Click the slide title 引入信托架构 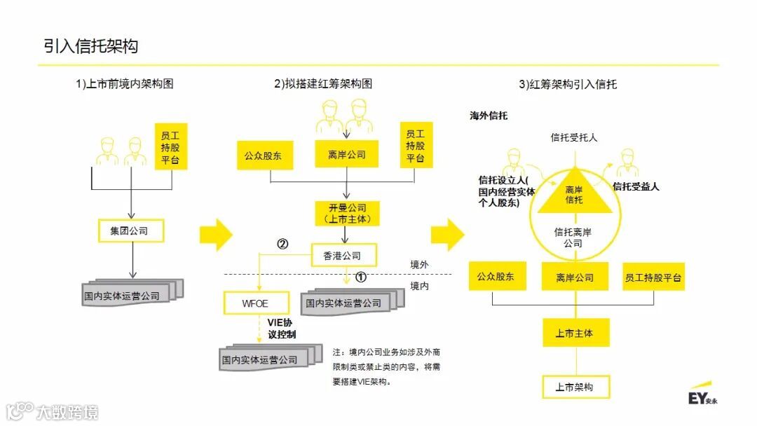[91, 46]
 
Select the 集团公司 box [132, 231]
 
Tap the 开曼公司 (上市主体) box [347, 213]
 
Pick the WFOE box [256, 303]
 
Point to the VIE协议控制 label [282, 328]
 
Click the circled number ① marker [361, 277]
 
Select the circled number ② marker [282, 244]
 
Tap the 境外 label [421, 264]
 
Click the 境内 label [421, 286]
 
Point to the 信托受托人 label [574, 138]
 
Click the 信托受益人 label [636, 186]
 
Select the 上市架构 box [575, 387]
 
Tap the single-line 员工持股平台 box [653, 277]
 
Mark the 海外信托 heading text [489, 116]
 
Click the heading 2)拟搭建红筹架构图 [323, 84]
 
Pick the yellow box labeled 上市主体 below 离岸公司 [575, 333]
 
